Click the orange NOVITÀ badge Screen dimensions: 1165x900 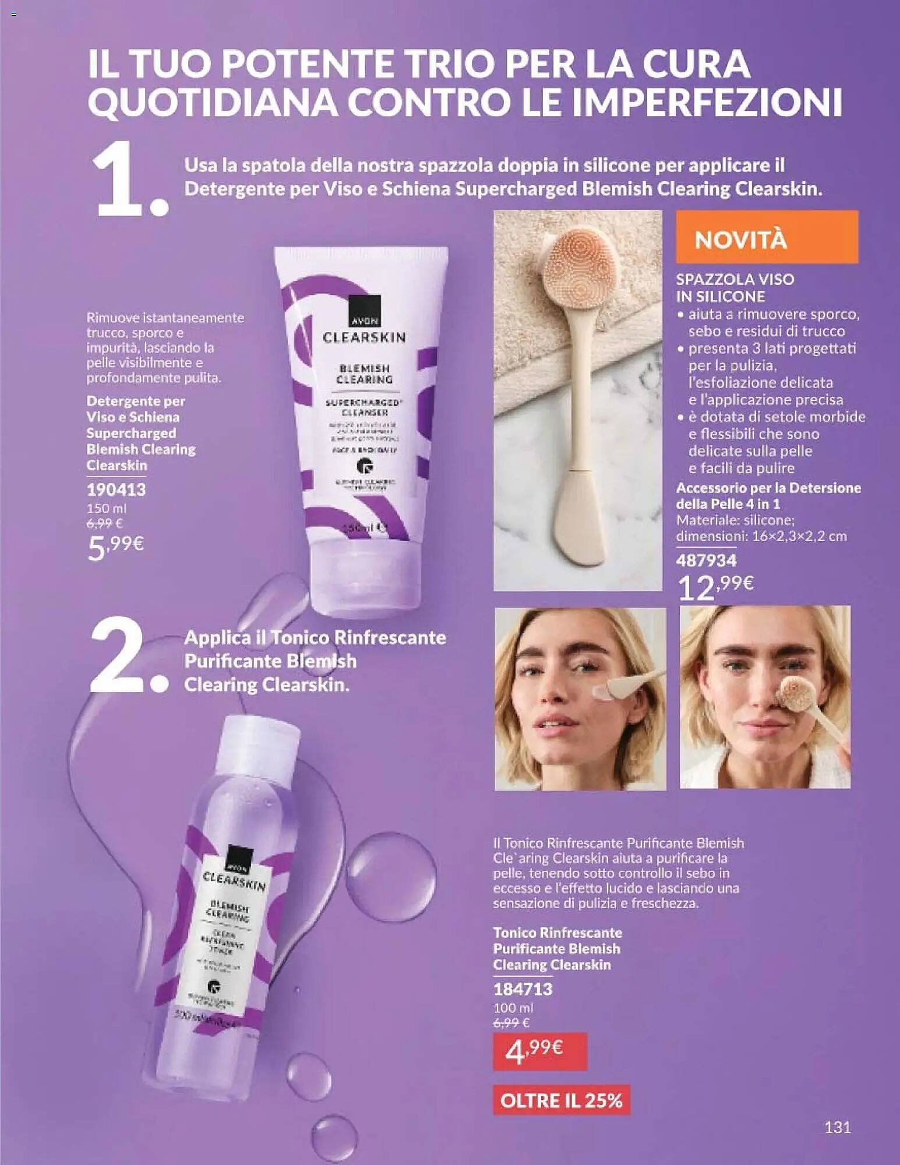tap(766, 237)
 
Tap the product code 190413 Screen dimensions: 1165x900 tap(116, 489)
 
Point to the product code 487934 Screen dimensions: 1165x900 tap(706, 560)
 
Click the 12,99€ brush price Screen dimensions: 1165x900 tap(716, 586)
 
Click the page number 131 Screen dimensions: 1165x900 tap(837, 1127)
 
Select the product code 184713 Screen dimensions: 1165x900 tap(523, 989)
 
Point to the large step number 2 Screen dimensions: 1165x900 tap(125, 657)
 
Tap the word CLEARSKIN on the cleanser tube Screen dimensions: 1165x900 tap(364, 337)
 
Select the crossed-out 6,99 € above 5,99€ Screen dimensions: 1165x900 tap(104, 524)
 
